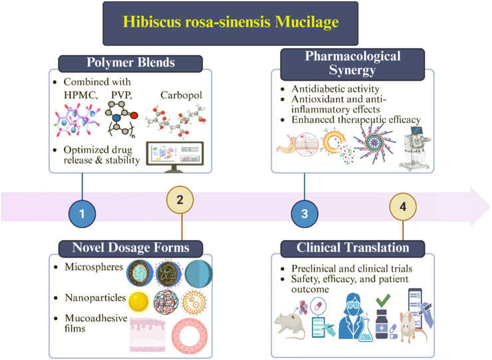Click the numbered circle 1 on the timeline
point(82,214)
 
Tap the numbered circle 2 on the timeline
point(180,200)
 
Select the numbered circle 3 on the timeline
point(305,214)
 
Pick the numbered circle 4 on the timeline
point(403,207)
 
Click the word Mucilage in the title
point(307,23)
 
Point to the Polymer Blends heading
point(130,63)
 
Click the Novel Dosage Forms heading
point(131,248)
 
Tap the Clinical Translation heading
point(352,248)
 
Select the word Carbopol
point(181,95)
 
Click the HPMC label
point(80,95)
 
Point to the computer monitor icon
point(175,157)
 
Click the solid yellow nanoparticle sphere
point(139,301)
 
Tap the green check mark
point(383,300)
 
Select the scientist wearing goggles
point(354,315)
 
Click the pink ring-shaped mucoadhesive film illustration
point(190,337)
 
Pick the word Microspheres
point(94,267)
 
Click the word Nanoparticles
point(95,297)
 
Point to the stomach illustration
point(287,144)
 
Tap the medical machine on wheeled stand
point(414,148)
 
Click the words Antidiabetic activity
point(336,89)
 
